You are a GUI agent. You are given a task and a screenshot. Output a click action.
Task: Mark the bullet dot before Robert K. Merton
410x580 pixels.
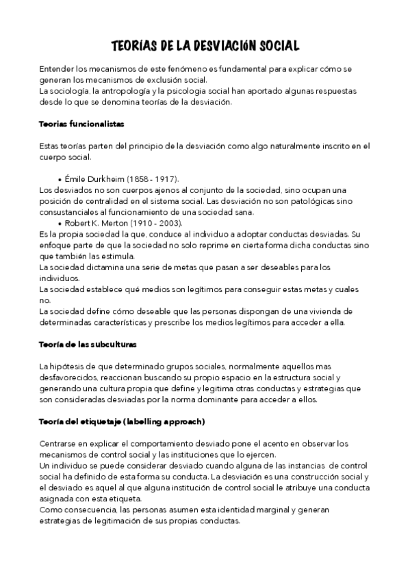(x=60, y=224)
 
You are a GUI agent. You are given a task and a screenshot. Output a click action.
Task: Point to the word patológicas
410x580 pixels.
(x=305, y=200)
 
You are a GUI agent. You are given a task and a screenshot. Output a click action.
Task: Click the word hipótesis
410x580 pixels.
(x=68, y=367)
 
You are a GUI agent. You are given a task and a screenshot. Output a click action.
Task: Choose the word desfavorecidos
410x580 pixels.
(x=68, y=378)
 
